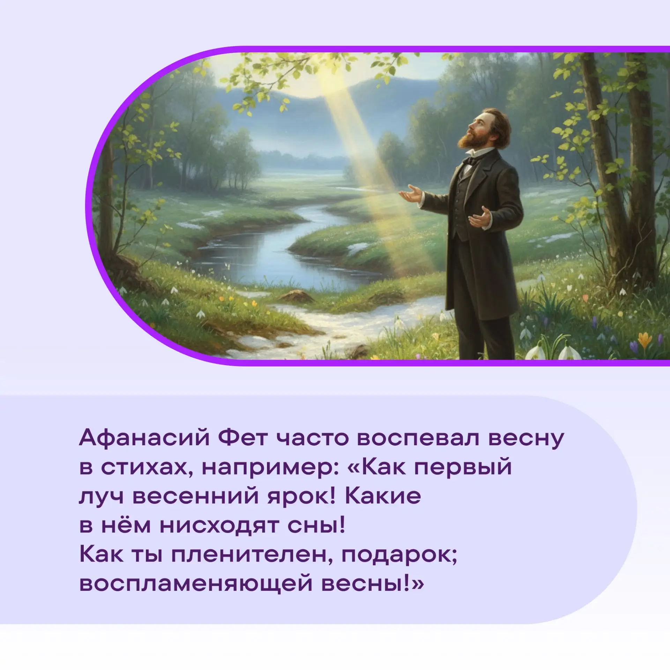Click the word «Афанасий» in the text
tap(144, 438)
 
